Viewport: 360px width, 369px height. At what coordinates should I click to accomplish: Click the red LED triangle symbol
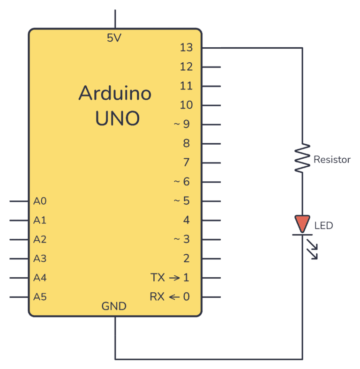[x=302, y=223]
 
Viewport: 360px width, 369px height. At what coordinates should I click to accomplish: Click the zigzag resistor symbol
[x=302, y=159]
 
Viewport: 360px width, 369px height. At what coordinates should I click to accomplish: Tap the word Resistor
[x=332, y=160]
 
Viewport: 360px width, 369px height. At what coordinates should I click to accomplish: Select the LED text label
[x=323, y=226]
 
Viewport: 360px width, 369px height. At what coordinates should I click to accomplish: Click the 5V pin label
[x=114, y=38]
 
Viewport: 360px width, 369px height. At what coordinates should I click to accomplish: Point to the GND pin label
[x=114, y=306]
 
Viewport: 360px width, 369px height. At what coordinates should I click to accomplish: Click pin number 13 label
[x=186, y=48]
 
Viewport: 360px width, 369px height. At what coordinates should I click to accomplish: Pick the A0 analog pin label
[x=40, y=201]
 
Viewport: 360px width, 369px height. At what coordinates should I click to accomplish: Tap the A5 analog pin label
[x=40, y=297]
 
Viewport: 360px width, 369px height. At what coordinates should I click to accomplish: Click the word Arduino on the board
[x=115, y=93]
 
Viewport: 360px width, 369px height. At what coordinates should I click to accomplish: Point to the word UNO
[x=117, y=118]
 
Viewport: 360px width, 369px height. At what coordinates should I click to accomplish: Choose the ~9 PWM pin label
[x=182, y=125]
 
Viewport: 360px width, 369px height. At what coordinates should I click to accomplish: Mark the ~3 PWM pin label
[x=182, y=239]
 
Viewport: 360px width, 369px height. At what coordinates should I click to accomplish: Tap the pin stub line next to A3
[x=19, y=258]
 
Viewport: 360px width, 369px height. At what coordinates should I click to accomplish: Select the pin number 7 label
[x=187, y=163]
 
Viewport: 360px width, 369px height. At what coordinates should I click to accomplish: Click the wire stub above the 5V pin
[x=115, y=19]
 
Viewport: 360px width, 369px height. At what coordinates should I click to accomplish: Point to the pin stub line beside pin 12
[x=211, y=67]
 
